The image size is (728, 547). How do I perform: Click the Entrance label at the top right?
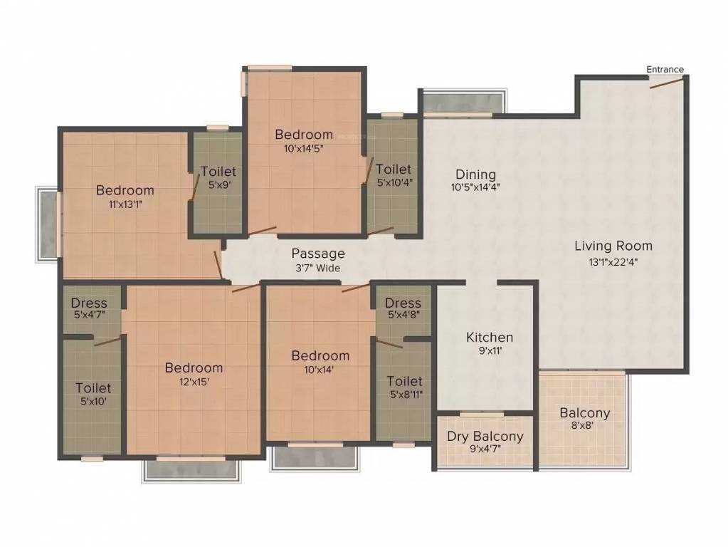pos(665,69)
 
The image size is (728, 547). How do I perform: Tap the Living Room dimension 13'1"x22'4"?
pos(613,261)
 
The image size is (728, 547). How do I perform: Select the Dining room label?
pos(475,174)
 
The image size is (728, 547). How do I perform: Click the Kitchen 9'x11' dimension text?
pos(490,351)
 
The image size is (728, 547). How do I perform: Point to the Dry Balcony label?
pos(485,437)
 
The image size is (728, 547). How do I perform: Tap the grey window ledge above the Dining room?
pos(465,101)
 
